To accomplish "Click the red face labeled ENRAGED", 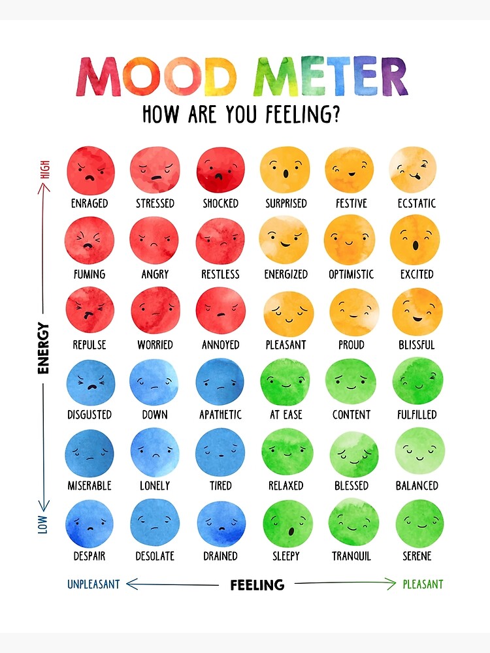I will tap(90, 171).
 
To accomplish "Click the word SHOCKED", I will tap(220, 204).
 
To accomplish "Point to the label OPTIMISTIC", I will tap(351, 274).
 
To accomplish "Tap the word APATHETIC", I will tap(220, 415).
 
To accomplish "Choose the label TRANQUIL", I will tap(351, 556).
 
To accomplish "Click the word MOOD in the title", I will tap(157, 77).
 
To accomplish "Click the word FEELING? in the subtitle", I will tap(302, 115).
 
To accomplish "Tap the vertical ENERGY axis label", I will tap(44, 348).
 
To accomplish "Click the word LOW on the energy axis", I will tap(43, 524).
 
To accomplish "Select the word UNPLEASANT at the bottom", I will tap(93, 584).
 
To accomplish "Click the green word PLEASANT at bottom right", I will tap(423, 584).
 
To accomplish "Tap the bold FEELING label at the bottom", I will tap(257, 585).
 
